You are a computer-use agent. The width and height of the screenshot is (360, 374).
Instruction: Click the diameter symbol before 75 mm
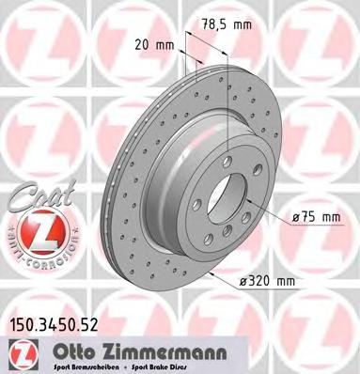click(293, 217)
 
